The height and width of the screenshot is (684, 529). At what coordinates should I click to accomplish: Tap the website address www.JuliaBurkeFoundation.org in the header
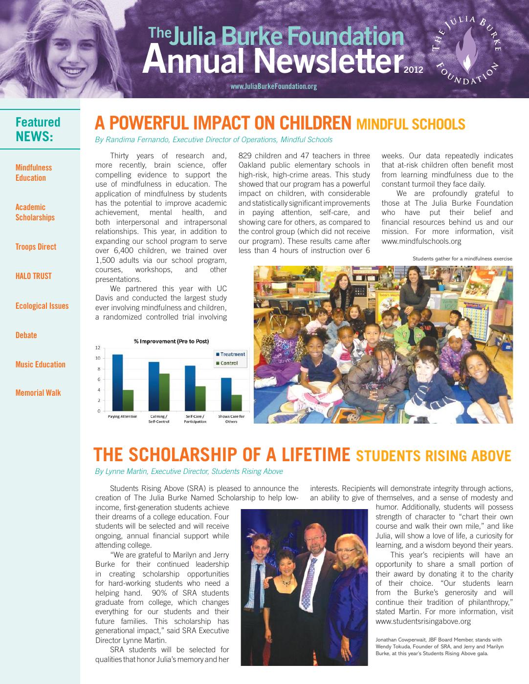pyautogui.click(x=273, y=86)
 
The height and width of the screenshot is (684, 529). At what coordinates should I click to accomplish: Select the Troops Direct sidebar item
pyautogui.click(x=36, y=247)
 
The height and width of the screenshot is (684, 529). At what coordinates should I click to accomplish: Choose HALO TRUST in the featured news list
pyautogui.click(x=33, y=276)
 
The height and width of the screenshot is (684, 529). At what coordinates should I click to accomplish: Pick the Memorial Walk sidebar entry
pyautogui.click(x=38, y=393)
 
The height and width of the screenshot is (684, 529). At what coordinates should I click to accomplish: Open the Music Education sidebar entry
pyautogui.click(x=40, y=364)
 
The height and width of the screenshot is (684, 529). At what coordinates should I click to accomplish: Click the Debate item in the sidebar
pyautogui.click(x=26, y=335)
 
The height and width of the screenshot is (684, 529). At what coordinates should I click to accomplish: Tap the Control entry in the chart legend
pyautogui.click(x=229, y=363)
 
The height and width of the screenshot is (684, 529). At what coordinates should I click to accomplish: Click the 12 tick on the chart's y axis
pyautogui.click(x=97, y=348)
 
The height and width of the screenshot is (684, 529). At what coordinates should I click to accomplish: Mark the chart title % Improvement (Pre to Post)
pyautogui.click(x=171, y=341)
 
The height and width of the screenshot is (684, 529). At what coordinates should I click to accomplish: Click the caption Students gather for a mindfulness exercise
pyautogui.click(x=462, y=258)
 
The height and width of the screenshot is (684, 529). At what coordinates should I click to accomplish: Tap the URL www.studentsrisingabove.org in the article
pyautogui.click(x=423, y=621)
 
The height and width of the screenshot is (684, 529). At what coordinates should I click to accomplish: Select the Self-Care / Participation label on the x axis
pyautogui.click(x=195, y=419)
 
